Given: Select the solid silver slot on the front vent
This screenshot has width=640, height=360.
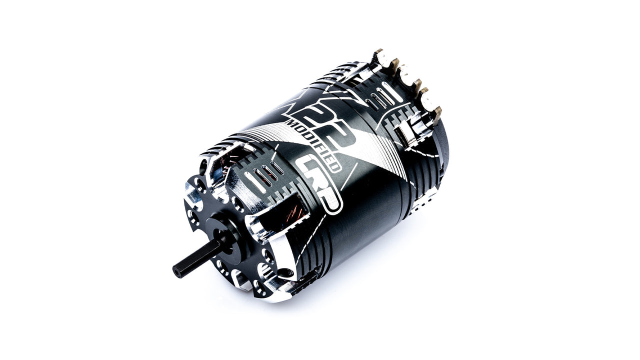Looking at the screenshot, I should coord(250,182).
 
